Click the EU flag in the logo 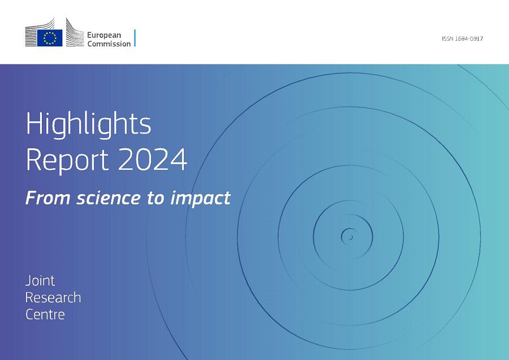click(50, 38)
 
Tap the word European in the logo click(104, 36)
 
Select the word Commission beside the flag click(109, 44)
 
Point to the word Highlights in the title click(88, 124)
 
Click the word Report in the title click(67, 160)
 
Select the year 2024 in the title click(152, 159)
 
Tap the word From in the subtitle click(48, 198)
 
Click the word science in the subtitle click(109, 198)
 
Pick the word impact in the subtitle click(201, 199)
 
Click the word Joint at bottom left click(40, 281)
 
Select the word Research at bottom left click(53, 298)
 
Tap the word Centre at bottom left click(45, 315)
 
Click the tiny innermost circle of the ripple click(350, 238)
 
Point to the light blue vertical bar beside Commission click(135, 38)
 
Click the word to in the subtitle click(156, 199)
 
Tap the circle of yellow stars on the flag click(50, 38)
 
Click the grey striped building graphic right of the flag click(75, 33)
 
